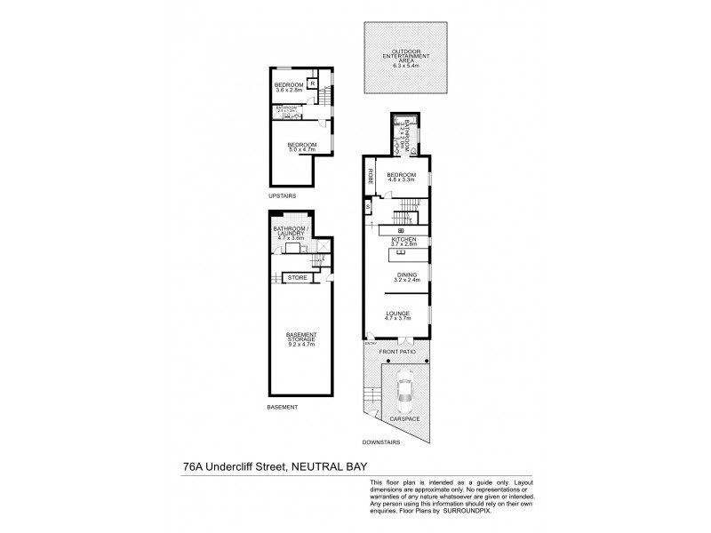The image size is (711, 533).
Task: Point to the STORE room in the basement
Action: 298,278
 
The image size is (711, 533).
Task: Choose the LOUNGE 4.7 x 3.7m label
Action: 396,314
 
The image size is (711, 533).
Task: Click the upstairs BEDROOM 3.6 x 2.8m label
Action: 290,87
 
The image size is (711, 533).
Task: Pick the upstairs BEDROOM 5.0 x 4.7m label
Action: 302,147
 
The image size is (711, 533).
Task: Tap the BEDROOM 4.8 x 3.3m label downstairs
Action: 401,178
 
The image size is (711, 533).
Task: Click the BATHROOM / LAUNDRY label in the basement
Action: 292,234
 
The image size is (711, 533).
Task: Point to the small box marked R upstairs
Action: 313,86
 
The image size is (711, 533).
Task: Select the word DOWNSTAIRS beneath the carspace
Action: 380,441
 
